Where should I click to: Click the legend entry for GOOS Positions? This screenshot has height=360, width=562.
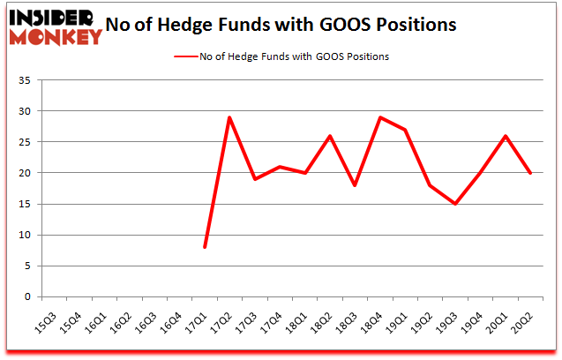[282, 56]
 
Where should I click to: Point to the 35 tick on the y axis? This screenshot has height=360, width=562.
[24, 81]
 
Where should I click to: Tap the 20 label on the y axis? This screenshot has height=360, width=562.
[24, 174]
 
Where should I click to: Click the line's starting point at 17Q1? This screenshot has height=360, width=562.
[205, 247]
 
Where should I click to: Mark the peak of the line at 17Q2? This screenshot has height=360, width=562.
[229, 117]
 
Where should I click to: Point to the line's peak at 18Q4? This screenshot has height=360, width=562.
[380, 117]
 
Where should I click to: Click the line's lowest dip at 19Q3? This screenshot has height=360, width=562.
[455, 204]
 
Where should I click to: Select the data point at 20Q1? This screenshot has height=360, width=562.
[506, 136]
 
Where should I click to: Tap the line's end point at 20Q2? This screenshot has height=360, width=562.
[530, 173]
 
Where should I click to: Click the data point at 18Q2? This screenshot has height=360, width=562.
[330, 136]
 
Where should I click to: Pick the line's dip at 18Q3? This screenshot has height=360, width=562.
[355, 185]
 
